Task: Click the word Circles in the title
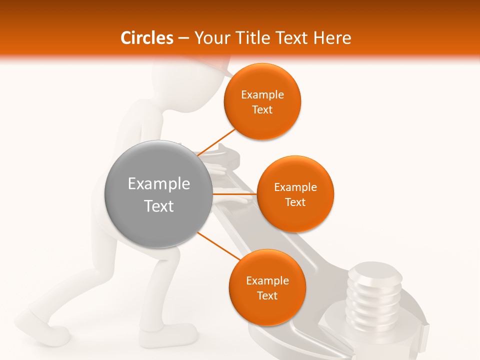(x=147, y=38)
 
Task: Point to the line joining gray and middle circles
(x=234, y=193)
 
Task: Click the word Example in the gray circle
(x=159, y=184)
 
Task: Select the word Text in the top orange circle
(x=262, y=110)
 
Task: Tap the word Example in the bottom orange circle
(x=267, y=281)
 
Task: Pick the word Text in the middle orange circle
(x=295, y=202)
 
